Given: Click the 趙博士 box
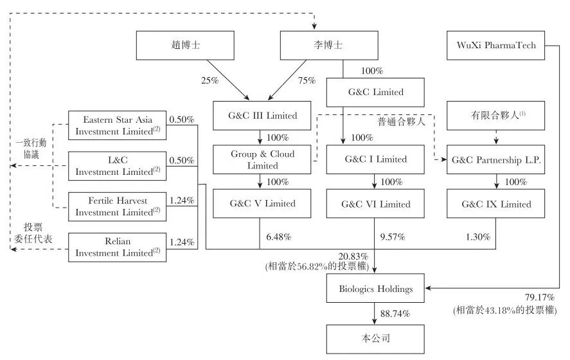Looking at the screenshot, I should (176, 46).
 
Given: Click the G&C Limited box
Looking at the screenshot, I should (375, 92).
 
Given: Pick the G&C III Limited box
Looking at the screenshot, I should (263, 116).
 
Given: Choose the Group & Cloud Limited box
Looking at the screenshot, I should (263, 160).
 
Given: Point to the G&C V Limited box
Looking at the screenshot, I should (263, 204).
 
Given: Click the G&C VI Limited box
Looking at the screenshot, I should (375, 204).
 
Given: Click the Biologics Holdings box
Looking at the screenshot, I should (375, 289).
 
